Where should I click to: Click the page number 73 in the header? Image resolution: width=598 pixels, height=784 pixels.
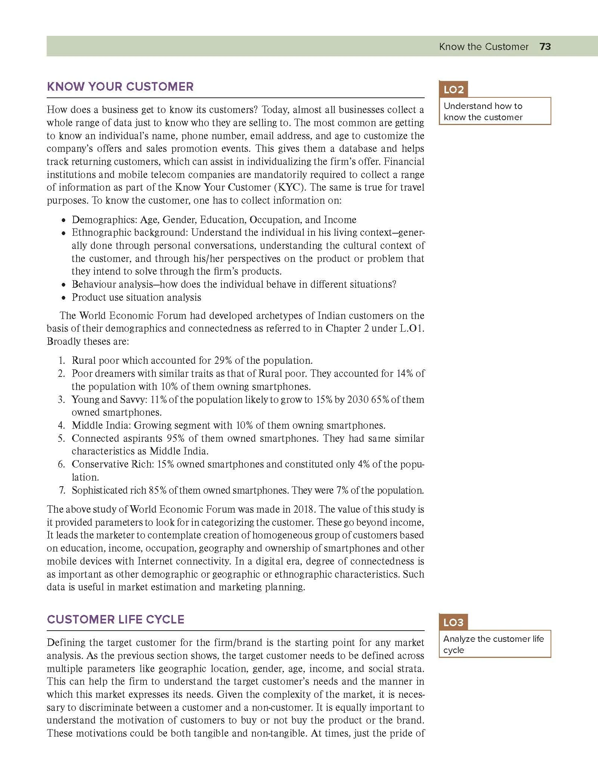coord(545,47)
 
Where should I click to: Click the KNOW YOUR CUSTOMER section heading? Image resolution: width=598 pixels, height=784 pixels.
coord(120,87)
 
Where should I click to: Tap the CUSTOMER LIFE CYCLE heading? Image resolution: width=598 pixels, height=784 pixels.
coord(115,619)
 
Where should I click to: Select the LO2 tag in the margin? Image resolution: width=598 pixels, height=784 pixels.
coord(453,90)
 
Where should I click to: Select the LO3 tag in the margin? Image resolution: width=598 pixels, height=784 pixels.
coord(453,622)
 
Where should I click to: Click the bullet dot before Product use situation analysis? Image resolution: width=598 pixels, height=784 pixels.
coord(64,298)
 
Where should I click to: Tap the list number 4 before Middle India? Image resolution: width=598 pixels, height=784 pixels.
coord(62,425)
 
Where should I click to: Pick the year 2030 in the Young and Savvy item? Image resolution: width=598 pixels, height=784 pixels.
coord(358,400)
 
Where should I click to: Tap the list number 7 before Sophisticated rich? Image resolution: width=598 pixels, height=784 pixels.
coord(62,490)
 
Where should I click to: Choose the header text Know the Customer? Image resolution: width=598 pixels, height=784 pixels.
coord(484,47)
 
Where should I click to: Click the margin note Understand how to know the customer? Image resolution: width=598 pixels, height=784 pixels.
coord(483,112)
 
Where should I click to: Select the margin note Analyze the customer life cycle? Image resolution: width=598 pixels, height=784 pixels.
coord(493,644)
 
